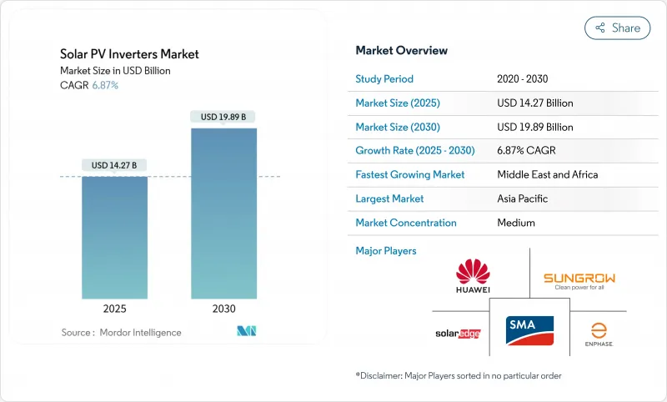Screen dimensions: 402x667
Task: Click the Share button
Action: click(617, 28)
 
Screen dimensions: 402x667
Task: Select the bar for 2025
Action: click(114, 237)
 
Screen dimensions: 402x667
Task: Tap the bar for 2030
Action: click(223, 213)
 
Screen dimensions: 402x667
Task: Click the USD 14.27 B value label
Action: click(114, 165)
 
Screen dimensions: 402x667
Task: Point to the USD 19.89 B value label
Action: click(223, 117)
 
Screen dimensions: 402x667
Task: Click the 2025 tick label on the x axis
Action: click(114, 308)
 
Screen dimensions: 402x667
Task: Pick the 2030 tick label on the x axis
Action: click(223, 308)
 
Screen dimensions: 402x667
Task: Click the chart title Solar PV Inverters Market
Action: click(129, 54)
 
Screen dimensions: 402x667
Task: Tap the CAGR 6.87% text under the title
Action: click(89, 85)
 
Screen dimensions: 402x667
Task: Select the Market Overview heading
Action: click(401, 50)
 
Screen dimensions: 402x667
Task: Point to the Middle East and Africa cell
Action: click(547, 175)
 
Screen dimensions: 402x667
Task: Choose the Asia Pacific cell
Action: click(524, 198)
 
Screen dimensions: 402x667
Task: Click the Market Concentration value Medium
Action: click(516, 223)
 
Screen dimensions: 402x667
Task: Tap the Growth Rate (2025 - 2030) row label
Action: click(414, 151)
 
